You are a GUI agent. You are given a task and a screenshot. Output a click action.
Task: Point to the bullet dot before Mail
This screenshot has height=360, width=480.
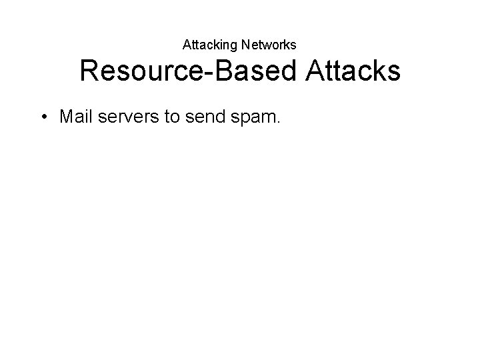[x=43, y=117]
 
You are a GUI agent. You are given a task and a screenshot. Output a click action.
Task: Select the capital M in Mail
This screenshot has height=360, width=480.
[x=65, y=117]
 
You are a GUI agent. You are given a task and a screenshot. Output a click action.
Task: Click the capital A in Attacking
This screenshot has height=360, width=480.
[x=187, y=45]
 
